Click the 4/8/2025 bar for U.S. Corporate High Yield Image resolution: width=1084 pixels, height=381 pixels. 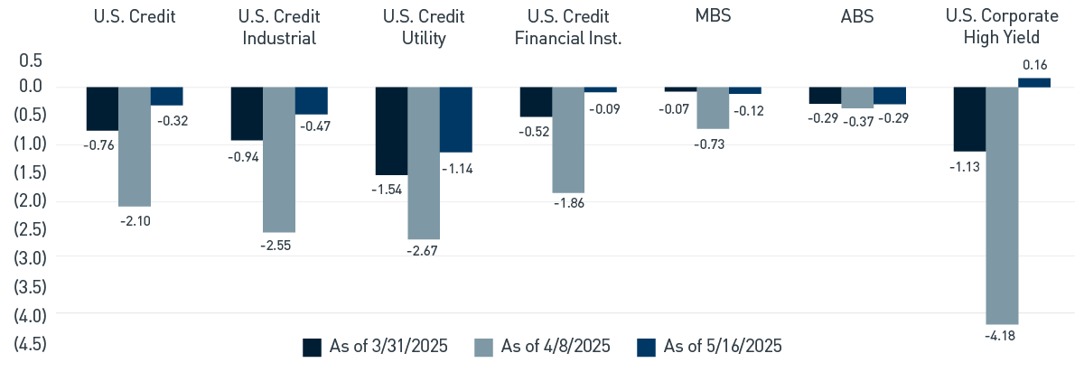pos(1002,206)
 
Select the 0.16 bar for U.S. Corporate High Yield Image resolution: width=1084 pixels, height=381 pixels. pos(1034,82)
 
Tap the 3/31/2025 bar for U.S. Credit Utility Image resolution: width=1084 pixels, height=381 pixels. pos(390,131)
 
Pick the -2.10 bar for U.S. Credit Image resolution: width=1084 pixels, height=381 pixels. pos(135,147)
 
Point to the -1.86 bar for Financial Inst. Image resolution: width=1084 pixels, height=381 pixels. pos(568,140)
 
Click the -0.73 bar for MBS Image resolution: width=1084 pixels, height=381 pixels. pos(713,108)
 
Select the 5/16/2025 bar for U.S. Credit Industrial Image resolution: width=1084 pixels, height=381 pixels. pos(312,101)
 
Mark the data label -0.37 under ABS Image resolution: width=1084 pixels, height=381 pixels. pos(857,119)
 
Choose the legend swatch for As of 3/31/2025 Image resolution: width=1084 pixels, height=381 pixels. pos(312,348)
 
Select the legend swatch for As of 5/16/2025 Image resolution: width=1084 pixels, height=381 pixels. pos(646,348)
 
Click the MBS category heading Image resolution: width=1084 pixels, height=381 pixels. pos(713,17)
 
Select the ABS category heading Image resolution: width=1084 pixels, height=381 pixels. pos(856,17)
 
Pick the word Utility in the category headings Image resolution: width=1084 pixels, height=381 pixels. pos(424,38)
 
